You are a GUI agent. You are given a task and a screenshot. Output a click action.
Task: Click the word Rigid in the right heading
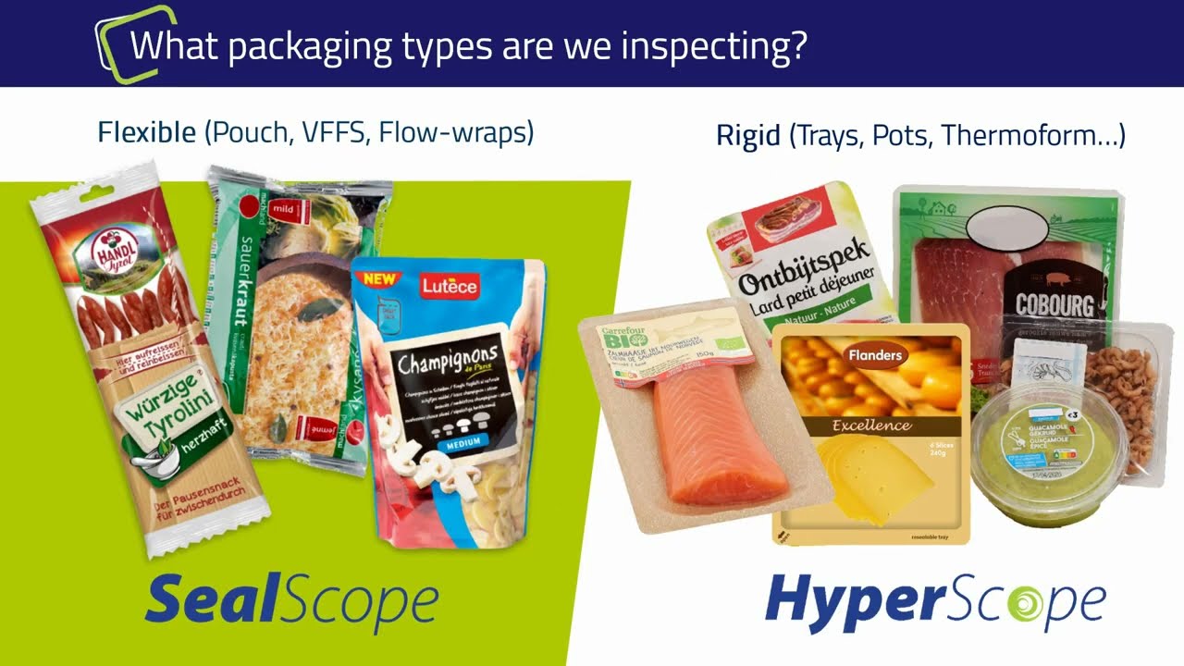coord(748,137)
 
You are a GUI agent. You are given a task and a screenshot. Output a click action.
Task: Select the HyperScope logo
coord(935,602)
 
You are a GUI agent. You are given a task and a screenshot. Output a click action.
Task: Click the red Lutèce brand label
coord(450,286)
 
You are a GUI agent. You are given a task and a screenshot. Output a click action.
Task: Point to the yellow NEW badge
coord(379,277)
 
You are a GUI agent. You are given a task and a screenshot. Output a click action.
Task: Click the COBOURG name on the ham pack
coord(1054,304)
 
